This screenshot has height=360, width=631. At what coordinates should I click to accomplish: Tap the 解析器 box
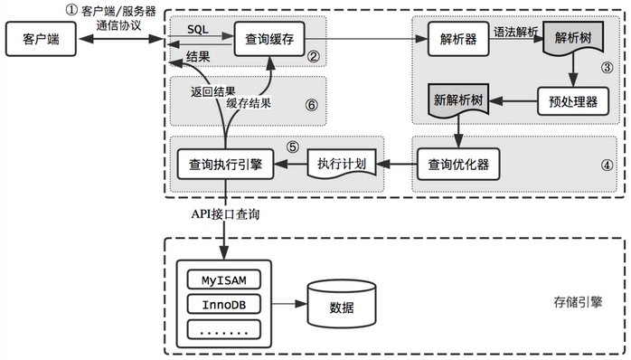454,41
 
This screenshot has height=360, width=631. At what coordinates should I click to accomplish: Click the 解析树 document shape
571,42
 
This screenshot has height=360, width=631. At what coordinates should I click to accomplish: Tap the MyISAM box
222,278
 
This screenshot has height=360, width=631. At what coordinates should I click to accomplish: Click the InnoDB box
222,303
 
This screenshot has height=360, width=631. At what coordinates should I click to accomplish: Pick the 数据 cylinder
342,304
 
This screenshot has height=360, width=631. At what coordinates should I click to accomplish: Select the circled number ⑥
312,104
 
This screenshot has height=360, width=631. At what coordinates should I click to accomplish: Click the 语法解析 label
516,30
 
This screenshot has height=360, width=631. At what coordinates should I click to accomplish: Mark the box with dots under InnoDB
222,329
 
